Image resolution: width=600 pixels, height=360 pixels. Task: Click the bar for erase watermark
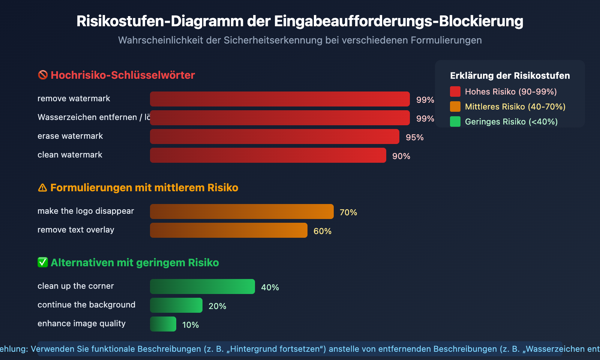(x=274, y=136)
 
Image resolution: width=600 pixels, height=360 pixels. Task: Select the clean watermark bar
(x=268, y=155)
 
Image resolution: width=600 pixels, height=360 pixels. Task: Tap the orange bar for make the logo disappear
(x=241, y=211)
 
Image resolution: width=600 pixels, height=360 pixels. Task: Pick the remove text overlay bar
(x=228, y=230)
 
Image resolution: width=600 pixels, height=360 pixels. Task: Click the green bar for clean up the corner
(x=202, y=286)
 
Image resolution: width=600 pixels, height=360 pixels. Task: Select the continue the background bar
(x=176, y=305)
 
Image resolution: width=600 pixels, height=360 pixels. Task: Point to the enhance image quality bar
(x=163, y=324)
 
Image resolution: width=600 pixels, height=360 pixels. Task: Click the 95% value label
(x=414, y=138)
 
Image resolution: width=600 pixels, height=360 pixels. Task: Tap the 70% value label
(x=348, y=213)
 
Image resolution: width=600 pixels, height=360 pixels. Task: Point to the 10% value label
(x=190, y=325)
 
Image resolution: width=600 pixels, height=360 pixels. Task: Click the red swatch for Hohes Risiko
(x=455, y=91)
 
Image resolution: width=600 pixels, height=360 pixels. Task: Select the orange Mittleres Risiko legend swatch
(x=455, y=106)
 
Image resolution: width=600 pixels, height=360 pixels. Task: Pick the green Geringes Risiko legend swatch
(x=455, y=121)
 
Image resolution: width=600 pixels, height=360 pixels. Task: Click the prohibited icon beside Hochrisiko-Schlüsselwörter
(x=43, y=75)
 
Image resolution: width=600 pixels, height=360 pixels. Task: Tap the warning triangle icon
(x=42, y=187)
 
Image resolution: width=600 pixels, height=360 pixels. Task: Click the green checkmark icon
(x=43, y=262)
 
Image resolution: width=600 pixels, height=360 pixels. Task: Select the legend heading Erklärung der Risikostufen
(x=510, y=76)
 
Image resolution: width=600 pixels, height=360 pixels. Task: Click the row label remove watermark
(x=73, y=99)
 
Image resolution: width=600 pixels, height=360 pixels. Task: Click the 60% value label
(x=322, y=231)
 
